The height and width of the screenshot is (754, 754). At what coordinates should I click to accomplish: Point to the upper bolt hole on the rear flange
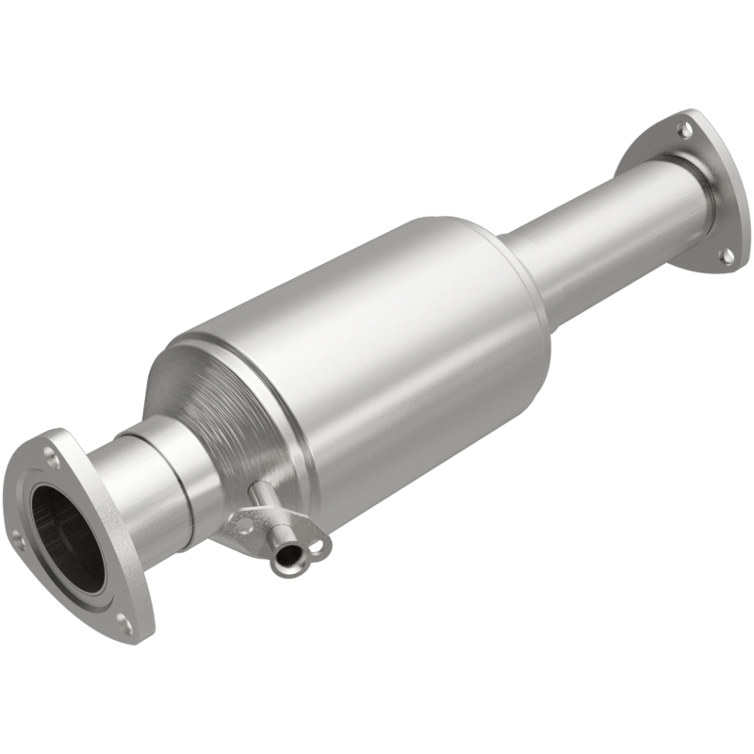coord(687,127)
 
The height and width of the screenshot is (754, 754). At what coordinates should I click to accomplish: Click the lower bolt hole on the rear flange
coord(727,254)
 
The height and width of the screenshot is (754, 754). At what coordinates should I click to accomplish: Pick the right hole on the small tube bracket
coord(316,544)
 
